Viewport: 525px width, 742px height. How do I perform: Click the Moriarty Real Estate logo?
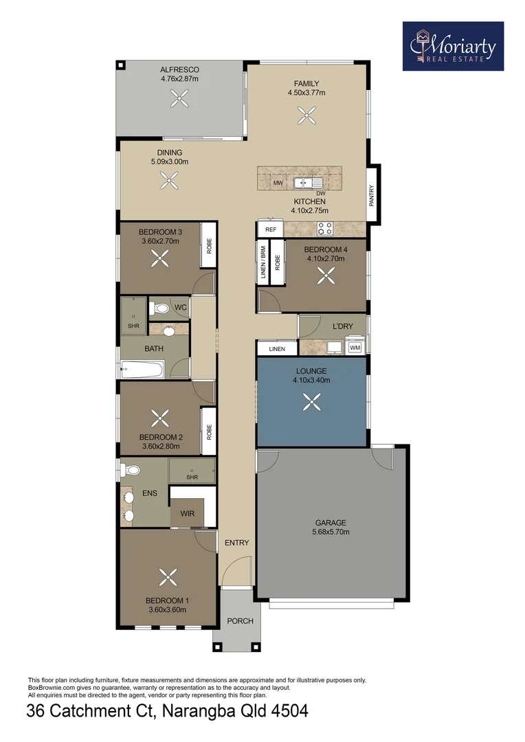[x=453, y=46]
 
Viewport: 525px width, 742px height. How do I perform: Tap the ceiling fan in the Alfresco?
[x=179, y=100]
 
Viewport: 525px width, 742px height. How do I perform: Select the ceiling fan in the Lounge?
[x=312, y=401]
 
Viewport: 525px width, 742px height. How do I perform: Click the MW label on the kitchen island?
[x=278, y=183]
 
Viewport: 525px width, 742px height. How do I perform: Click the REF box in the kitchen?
[x=270, y=229]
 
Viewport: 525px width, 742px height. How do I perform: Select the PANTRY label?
[x=372, y=196]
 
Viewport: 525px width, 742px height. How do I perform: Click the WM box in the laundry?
[x=355, y=348]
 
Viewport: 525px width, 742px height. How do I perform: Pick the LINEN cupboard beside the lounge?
[x=276, y=349]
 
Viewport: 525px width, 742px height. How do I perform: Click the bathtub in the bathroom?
[x=142, y=370]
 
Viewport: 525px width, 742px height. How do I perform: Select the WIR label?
[x=187, y=513]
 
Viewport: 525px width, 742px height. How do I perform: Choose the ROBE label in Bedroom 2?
[x=208, y=431]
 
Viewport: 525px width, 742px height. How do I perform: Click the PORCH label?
[x=240, y=621]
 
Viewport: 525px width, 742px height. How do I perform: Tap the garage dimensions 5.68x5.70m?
[x=331, y=532]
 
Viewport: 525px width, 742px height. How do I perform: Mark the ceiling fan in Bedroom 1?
[x=166, y=576]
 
